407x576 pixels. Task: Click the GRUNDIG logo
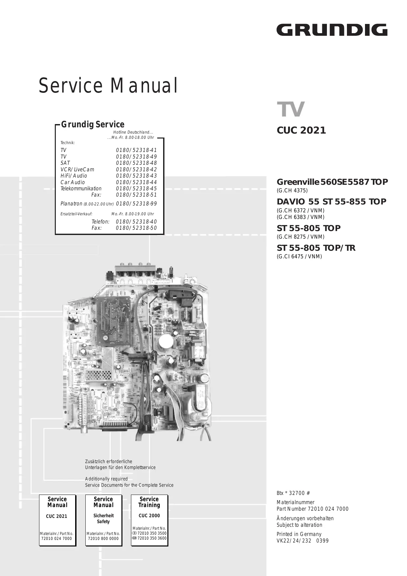tap(332, 30)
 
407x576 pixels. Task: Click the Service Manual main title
tap(108, 86)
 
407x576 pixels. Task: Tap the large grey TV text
tap(291, 109)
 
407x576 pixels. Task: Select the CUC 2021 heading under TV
tap(301, 130)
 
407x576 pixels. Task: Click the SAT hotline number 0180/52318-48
tap(136, 163)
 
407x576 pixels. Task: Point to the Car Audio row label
tap(73, 182)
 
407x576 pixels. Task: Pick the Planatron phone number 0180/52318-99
tap(136, 203)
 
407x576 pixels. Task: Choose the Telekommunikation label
tap(81, 189)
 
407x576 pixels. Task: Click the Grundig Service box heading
tap(93, 124)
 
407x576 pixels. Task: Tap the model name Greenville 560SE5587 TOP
tap(332, 182)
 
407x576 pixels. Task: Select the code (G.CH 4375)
tap(292, 191)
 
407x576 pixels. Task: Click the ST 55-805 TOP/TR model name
tap(316, 248)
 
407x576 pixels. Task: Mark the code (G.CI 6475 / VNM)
tap(299, 257)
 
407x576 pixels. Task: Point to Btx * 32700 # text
tap(293, 493)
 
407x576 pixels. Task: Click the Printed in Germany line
tap(299, 534)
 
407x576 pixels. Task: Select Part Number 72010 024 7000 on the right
tap(312, 509)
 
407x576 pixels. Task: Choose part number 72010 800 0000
tap(103, 538)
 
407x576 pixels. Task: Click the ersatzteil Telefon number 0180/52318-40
tap(136, 222)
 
